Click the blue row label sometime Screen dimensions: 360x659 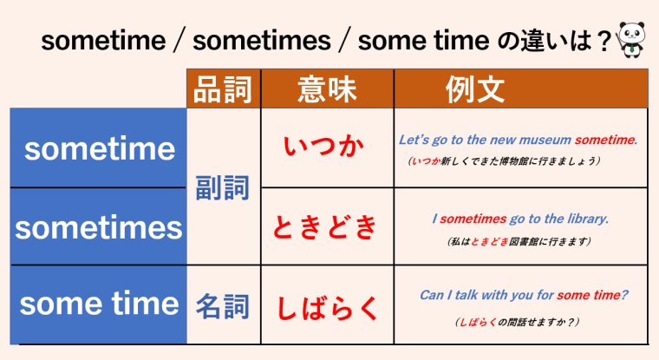coord(99,149)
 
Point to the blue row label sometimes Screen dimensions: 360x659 coord(99,227)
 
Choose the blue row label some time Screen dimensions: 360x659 coord(99,304)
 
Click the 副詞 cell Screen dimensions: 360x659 coord(223,187)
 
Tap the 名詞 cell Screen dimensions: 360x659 coord(223,305)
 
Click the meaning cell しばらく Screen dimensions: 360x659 coord(327,305)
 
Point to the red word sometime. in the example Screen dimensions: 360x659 coord(605,139)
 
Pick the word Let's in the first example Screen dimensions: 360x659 coord(413,139)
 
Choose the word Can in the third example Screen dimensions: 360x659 coord(431,295)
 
